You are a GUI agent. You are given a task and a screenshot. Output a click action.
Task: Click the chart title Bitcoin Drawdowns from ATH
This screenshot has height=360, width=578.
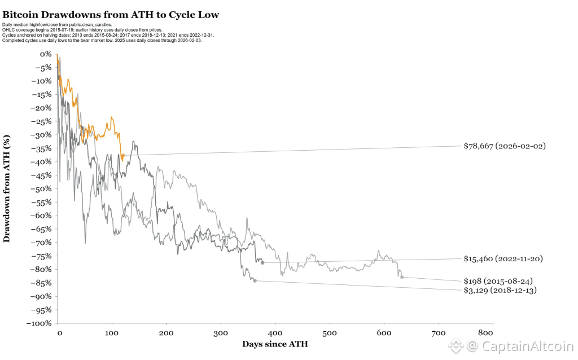pos(111,14)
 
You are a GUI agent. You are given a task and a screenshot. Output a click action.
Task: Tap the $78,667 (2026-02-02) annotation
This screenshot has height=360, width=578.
pos(504,146)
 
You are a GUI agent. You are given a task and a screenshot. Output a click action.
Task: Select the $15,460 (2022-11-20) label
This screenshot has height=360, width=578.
pos(504,259)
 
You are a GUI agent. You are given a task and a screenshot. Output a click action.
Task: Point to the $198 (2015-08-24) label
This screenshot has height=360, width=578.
pos(498,281)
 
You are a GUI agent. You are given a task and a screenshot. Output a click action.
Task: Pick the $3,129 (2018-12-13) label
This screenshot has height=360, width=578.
pos(500,291)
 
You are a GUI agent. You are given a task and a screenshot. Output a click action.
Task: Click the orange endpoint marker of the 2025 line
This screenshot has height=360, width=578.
pos(122,155)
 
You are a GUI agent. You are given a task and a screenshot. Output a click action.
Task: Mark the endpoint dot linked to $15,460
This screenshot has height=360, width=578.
pos(262,263)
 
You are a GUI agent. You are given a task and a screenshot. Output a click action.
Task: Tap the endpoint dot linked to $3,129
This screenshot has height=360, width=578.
pos(255,280)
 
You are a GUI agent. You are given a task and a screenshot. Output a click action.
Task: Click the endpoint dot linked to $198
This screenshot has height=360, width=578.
pos(402,277)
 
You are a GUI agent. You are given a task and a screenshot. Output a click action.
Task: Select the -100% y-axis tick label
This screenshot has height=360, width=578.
pos(40,323)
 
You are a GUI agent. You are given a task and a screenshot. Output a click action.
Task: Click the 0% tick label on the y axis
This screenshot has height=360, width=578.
pos(45,54)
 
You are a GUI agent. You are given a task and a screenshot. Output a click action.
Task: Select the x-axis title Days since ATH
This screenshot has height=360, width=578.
pos(275,344)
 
